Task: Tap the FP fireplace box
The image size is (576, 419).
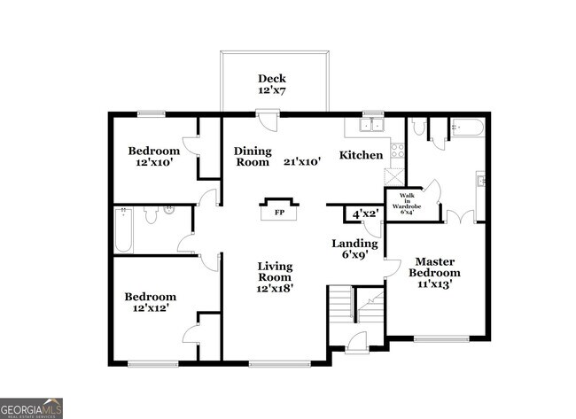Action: click(278, 213)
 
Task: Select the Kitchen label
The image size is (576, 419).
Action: click(362, 156)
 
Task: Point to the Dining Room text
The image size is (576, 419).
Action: click(252, 157)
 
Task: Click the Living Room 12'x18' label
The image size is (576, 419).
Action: click(275, 276)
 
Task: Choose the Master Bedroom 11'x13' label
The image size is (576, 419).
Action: click(434, 272)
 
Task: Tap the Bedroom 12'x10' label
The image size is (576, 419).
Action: click(152, 157)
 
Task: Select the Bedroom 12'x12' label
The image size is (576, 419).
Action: click(150, 303)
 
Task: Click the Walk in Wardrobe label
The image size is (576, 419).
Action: click(407, 203)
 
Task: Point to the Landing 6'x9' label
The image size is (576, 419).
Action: click(354, 249)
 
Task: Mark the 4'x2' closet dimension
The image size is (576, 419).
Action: click(365, 214)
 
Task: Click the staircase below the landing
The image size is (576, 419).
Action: click(340, 306)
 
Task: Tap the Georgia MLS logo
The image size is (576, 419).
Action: click(32, 407)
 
